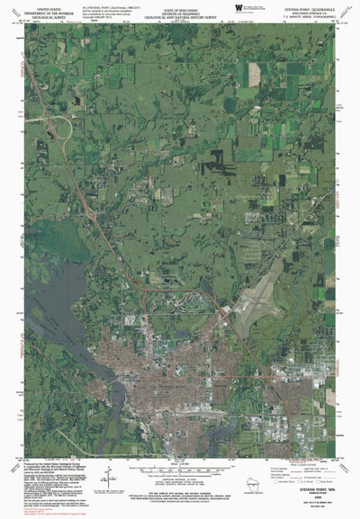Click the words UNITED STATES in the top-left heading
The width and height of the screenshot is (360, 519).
click(x=46, y=4)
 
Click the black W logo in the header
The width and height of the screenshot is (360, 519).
click(x=237, y=7)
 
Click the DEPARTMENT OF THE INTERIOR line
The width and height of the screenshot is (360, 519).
click(x=46, y=9)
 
